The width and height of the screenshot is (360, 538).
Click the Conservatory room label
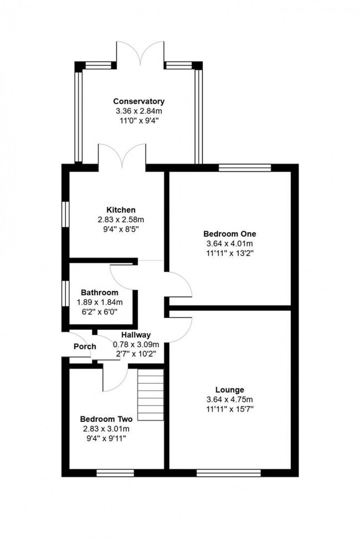(x=139, y=102)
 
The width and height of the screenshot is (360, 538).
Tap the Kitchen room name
(x=121, y=210)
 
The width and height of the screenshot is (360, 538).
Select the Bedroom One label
(x=229, y=234)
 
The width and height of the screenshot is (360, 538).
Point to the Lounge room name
(x=230, y=390)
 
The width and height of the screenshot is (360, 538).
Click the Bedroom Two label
(x=106, y=419)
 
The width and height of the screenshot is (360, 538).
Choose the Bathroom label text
(x=100, y=292)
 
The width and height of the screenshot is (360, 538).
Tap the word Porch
(x=85, y=346)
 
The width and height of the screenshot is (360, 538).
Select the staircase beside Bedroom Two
(x=151, y=395)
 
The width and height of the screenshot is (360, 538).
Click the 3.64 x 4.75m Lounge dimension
(x=230, y=400)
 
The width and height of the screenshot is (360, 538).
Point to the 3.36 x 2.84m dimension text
(x=139, y=111)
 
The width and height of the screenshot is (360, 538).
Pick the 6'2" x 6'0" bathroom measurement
(x=100, y=312)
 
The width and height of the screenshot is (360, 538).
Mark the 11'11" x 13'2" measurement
(x=229, y=253)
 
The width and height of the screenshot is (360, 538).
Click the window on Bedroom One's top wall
(x=245, y=168)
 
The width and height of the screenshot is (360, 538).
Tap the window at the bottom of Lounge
(x=228, y=473)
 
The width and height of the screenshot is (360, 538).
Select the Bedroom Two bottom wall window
(x=110, y=473)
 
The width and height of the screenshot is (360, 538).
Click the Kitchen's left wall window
(x=65, y=214)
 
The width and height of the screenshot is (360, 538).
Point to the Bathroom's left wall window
(x=65, y=293)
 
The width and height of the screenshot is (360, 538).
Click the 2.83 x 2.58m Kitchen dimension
(x=121, y=220)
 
